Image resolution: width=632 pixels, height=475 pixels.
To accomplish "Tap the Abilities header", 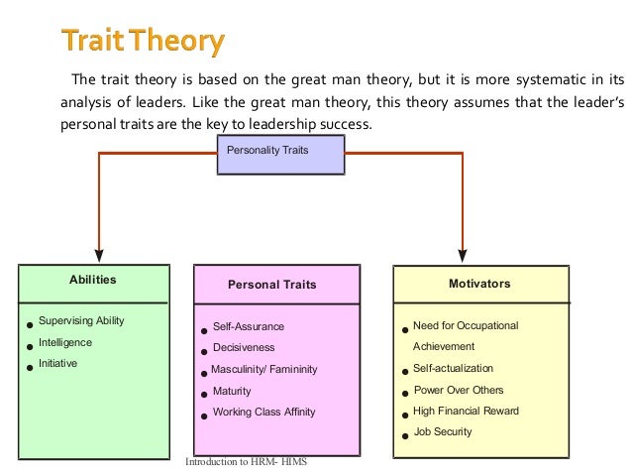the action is (x=92, y=280).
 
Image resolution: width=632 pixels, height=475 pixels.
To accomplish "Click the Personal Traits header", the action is (x=271, y=285).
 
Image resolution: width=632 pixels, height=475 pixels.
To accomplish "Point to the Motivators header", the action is (x=479, y=284).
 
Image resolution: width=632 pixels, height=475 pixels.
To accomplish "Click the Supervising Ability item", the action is (x=81, y=321).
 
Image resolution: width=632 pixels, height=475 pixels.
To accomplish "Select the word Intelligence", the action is (x=65, y=342).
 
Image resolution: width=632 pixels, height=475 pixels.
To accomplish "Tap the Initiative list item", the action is (x=57, y=363).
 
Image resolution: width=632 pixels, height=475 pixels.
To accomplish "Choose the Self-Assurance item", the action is (x=249, y=326).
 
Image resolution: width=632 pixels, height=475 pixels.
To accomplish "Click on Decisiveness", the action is (x=244, y=348).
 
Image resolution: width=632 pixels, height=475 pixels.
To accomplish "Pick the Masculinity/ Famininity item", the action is (x=264, y=370).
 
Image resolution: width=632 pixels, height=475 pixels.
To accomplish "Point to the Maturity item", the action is (x=232, y=391).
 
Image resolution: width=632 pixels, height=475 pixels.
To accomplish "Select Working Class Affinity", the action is (x=265, y=413).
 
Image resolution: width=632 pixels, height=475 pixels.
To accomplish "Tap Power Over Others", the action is (x=458, y=390).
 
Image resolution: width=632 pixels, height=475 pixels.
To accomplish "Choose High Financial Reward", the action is (x=466, y=411).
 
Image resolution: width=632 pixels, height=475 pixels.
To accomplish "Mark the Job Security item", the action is (x=442, y=431).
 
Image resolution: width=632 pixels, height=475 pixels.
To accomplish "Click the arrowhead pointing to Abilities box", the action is (x=98, y=255).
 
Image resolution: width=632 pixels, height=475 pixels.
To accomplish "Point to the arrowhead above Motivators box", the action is (x=463, y=255).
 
